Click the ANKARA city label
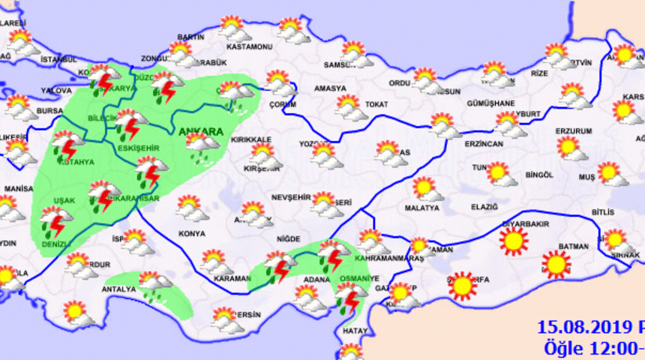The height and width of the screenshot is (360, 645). click(200, 132)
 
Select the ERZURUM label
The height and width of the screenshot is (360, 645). click(574, 130)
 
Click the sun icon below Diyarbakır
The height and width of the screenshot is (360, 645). click(514, 241)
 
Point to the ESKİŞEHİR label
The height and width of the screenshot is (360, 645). click(138, 148)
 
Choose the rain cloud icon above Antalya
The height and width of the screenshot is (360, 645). click(154, 284)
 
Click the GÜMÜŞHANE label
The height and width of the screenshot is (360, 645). click(490, 103)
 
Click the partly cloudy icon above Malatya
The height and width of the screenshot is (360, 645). click(425, 187)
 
